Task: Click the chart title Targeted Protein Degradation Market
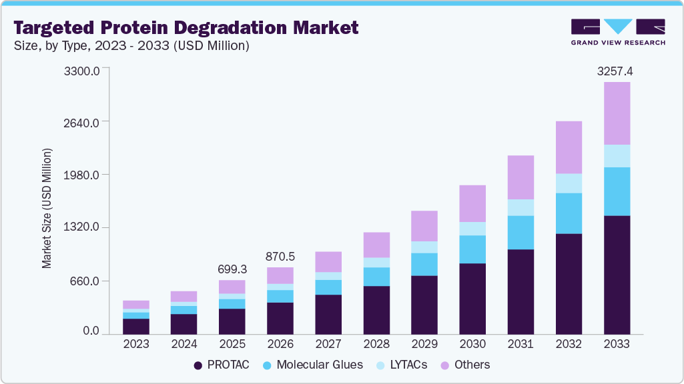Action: click(186, 27)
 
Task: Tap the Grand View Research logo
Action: click(618, 32)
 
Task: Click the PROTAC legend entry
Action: click(221, 365)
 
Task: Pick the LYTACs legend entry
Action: click(407, 365)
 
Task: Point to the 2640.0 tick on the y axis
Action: click(82, 123)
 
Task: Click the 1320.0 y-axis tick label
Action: click(82, 227)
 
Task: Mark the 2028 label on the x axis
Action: click(376, 344)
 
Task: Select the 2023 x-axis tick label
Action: click(136, 344)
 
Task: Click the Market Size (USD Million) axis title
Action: click(47, 208)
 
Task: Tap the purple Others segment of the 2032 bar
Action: click(569, 147)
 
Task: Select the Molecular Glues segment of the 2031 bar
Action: click(521, 233)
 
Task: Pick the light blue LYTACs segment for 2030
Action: click(472, 229)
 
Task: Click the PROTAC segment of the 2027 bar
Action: click(328, 314)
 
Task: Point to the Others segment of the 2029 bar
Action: click(424, 226)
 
